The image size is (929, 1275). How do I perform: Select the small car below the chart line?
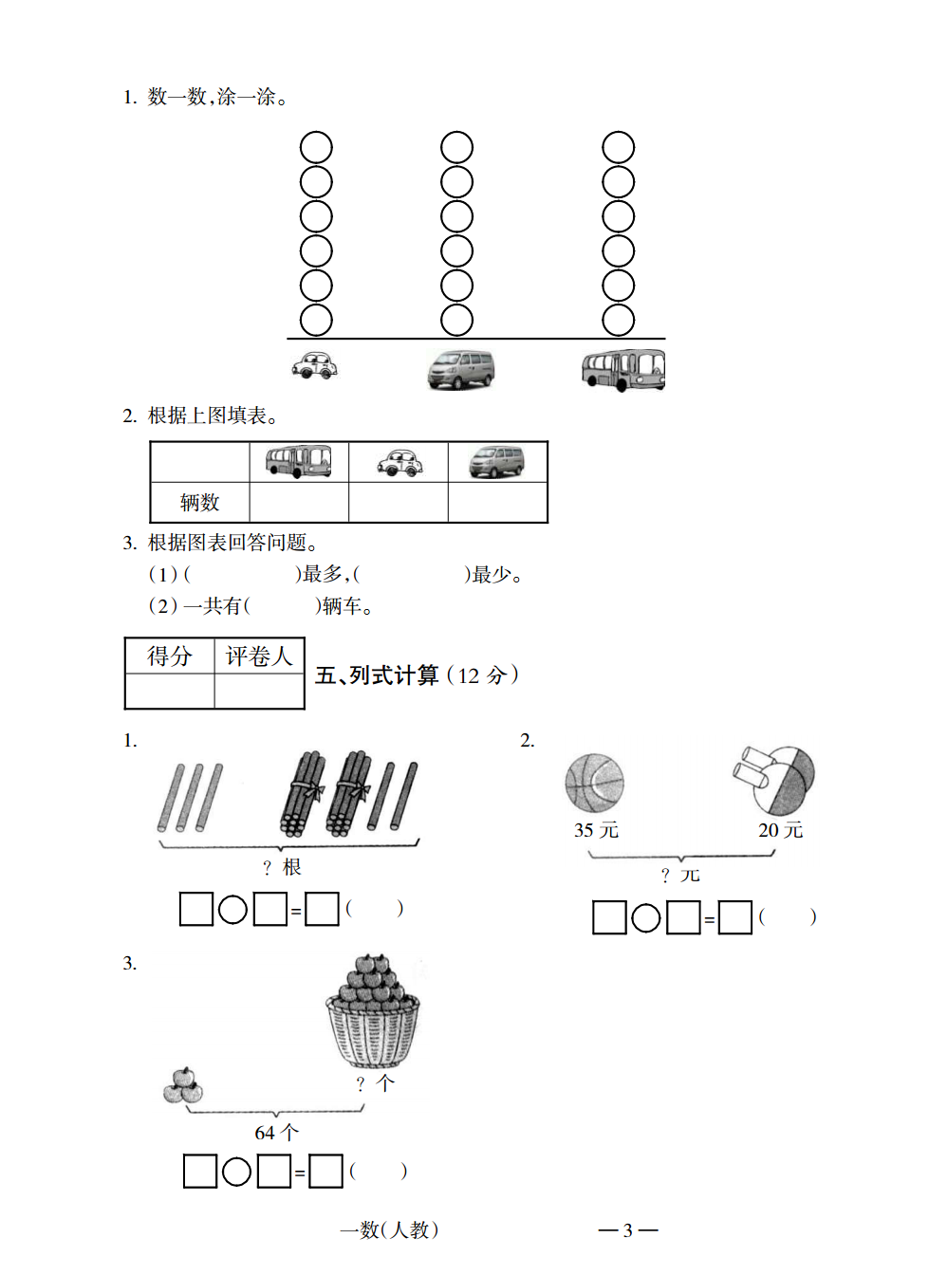pos(314,365)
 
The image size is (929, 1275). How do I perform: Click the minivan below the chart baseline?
pos(461,370)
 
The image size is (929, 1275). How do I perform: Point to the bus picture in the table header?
pos(298,462)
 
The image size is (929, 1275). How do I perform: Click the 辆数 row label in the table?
pos(200,502)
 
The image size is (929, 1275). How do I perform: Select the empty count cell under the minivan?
pos(497,502)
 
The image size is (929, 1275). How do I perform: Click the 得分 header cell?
pos(170,656)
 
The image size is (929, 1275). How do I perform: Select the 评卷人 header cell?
pos(259,656)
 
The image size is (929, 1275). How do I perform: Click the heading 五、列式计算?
pos(377,675)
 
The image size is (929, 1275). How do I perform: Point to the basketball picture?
pos(594,784)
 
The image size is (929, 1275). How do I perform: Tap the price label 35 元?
pos(596,830)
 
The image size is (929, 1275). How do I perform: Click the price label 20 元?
pos(780,830)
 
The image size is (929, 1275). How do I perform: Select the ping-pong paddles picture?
pos(774,781)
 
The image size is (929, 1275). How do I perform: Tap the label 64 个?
pos(277,1133)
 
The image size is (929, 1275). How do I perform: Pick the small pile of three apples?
pos(183,1085)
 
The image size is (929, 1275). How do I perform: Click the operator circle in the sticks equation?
pos(232,910)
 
